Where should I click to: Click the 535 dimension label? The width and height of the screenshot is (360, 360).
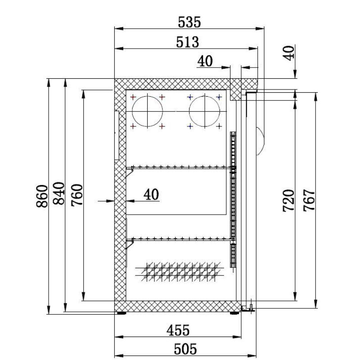(x=189, y=22)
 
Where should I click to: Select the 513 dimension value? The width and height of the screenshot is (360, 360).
(x=187, y=42)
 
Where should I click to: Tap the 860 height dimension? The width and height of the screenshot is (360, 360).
(x=42, y=196)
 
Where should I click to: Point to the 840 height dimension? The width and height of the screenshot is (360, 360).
(x=58, y=193)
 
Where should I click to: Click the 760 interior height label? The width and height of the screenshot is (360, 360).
(x=76, y=195)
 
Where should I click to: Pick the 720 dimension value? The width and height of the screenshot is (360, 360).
(x=288, y=200)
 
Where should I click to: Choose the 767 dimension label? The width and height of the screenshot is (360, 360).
(x=309, y=200)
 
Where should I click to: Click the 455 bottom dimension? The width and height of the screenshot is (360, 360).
(x=178, y=330)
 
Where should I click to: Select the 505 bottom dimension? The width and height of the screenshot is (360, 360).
(x=185, y=349)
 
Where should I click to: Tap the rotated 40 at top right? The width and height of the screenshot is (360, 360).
(x=288, y=53)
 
